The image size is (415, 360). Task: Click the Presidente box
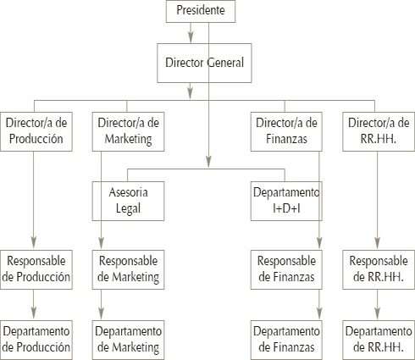(x=201, y=11)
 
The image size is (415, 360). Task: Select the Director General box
(x=204, y=63)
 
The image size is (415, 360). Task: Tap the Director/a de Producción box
(x=36, y=131)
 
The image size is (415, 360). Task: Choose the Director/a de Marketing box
(x=128, y=131)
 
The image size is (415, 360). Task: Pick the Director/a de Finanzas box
(x=286, y=131)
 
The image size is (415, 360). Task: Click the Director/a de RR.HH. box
(x=379, y=131)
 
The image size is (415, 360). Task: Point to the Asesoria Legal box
(x=128, y=201)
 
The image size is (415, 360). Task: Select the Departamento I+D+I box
(x=286, y=201)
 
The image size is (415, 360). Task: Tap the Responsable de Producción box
(x=36, y=269)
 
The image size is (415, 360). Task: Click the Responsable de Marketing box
(x=128, y=269)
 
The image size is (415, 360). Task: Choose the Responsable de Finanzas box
(x=286, y=269)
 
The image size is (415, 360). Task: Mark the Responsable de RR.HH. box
(x=379, y=269)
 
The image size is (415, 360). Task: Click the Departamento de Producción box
(x=36, y=340)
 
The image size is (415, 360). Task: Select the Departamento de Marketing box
(x=128, y=340)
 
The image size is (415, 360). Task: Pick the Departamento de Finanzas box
(x=286, y=340)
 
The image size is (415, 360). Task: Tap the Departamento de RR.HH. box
(x=379, y=340)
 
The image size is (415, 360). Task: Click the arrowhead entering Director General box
(x=191, y=37)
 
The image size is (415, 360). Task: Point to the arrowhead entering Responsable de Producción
(x=34, y=243)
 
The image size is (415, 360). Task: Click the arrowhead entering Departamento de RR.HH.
(x=377, y=313)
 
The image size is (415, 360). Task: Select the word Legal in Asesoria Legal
(x=128, y=209)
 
